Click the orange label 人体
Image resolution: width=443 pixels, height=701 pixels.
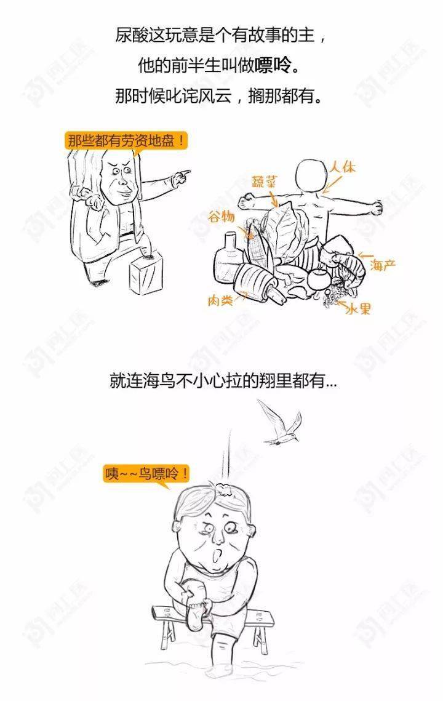click(x=343, y=167)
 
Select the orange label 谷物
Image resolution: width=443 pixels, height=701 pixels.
click(x=221, y=217)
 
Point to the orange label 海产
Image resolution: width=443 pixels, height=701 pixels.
click(x=383, y=265)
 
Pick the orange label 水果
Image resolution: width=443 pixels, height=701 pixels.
click(x=359, y=308)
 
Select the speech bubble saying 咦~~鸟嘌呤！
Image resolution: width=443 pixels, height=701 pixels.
click(x=147, y=474)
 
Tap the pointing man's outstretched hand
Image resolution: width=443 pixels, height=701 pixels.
click(x=182, y=176)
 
